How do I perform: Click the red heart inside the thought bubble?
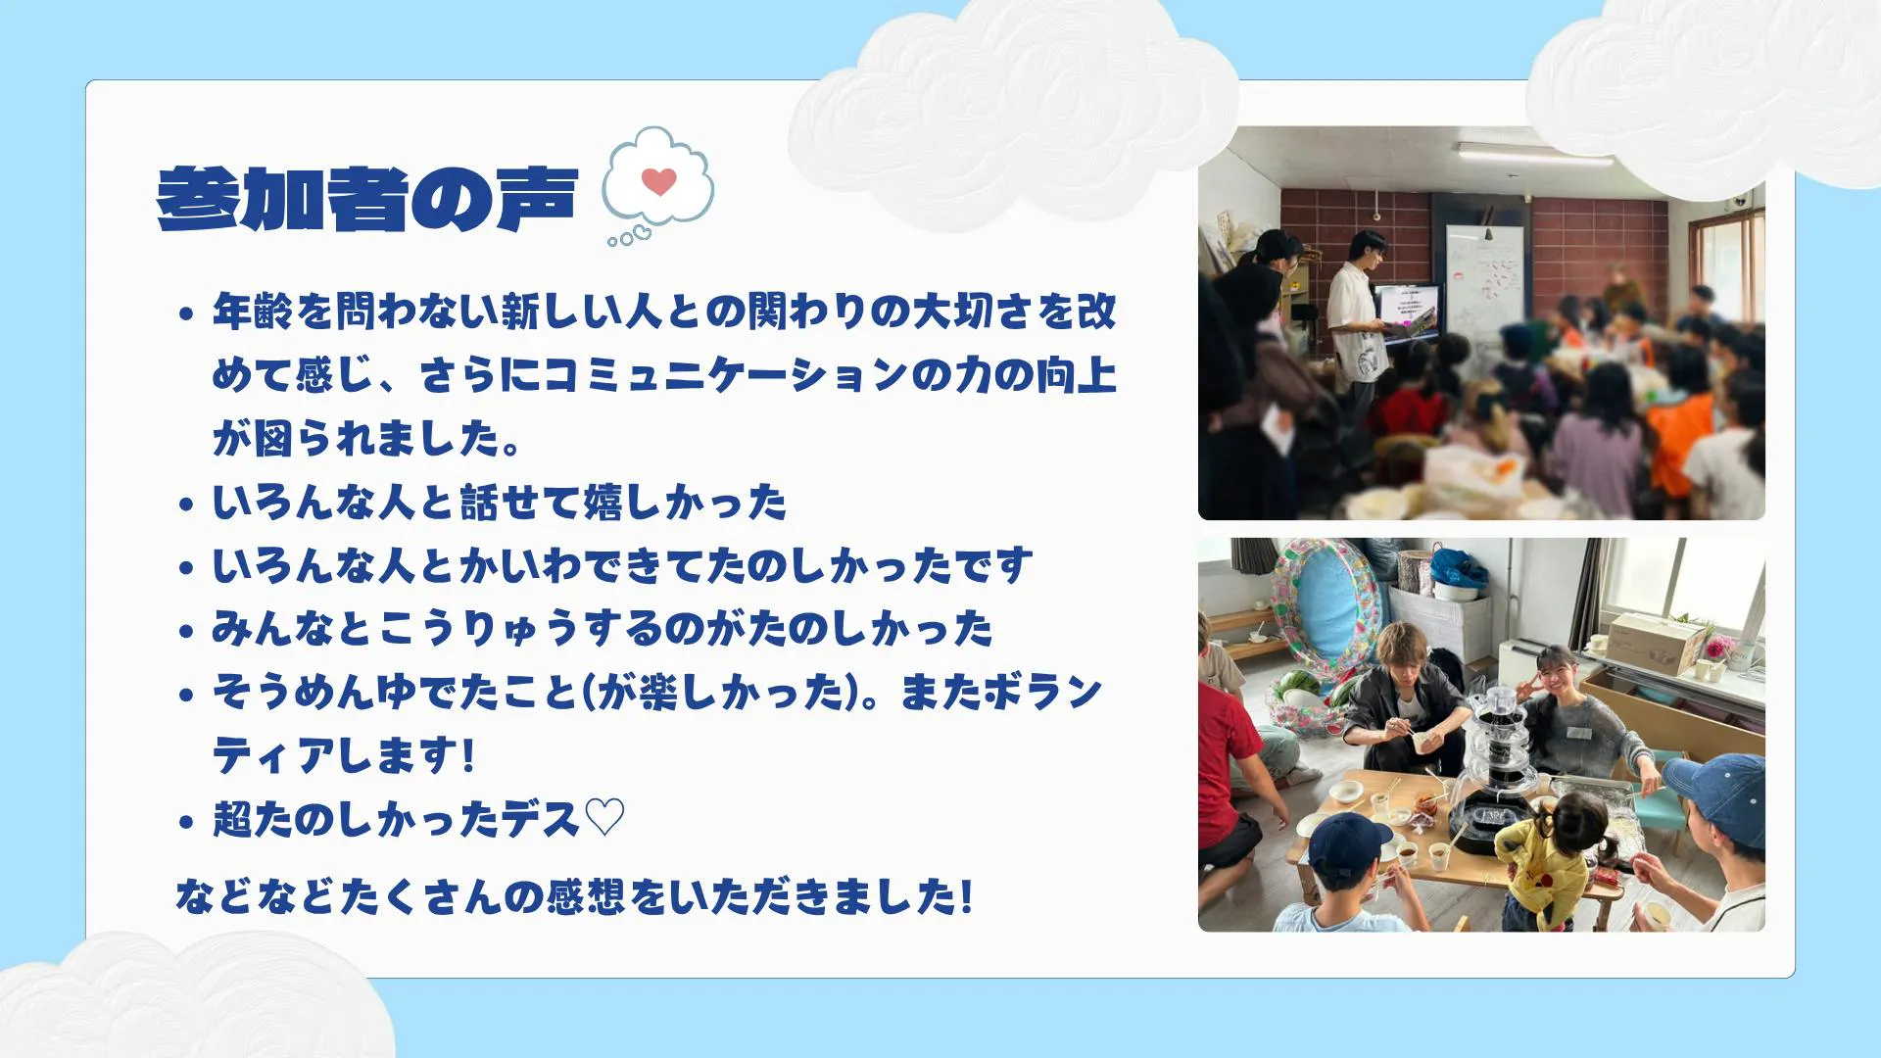[659, 181]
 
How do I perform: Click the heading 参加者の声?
[367, 200]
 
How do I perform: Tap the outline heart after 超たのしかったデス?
[603, 818]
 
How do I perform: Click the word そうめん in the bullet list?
[293, 693]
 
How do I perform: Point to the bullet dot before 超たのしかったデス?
[186, 821]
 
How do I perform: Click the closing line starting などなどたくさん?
[574, 896]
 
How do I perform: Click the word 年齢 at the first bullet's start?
[253, 312]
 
